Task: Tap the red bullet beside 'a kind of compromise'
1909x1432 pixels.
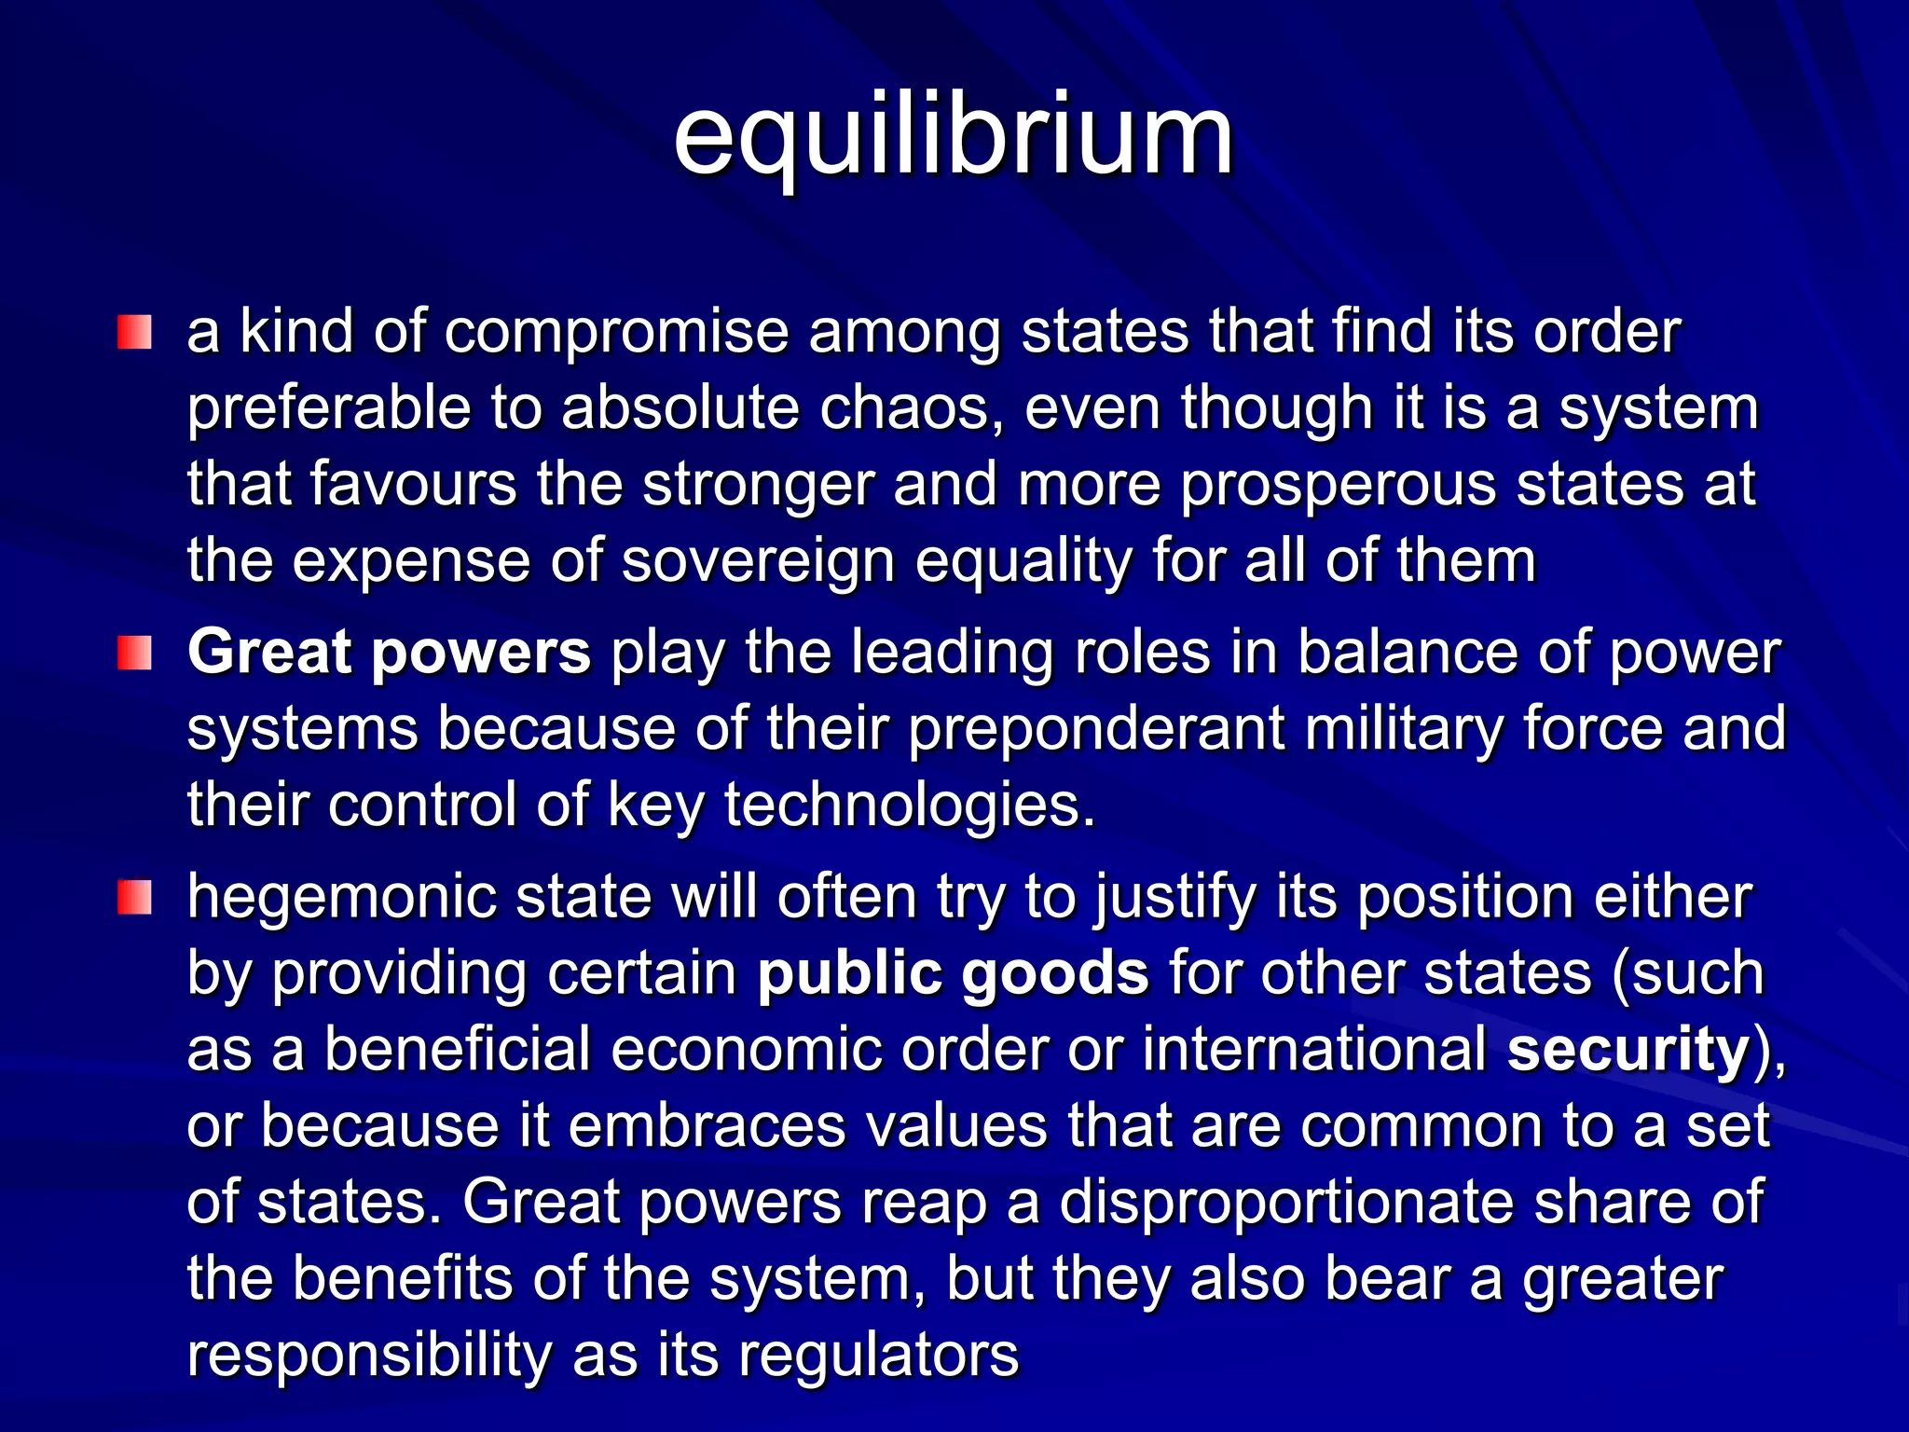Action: click(134, 333)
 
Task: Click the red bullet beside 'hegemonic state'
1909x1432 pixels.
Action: click(134, 898)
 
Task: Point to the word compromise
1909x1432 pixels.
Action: click(616, 333)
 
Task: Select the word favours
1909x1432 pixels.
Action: click(412, 485)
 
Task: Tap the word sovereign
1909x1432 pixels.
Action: click(758, 561)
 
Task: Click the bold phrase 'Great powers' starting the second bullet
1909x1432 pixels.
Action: click(389, 652)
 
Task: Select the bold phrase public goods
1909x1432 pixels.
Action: click(953, 974)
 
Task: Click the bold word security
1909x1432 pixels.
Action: click(1627, 1050)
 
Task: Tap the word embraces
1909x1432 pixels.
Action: click(707, 1126)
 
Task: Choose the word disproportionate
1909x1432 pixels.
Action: click(1286, 1203)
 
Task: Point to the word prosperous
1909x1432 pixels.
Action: click(1339, 485)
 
